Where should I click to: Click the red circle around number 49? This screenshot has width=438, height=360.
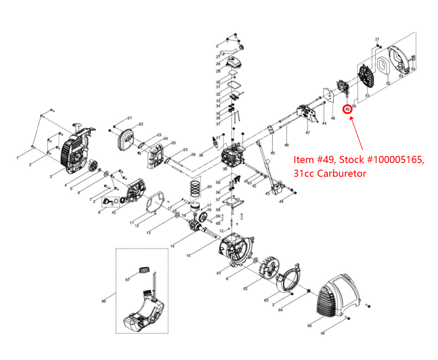347,109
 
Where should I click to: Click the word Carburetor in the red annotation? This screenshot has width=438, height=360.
342,173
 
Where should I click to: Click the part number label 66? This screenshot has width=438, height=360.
104,301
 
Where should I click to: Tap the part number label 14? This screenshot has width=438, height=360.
172,246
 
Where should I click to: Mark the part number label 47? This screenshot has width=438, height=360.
308,133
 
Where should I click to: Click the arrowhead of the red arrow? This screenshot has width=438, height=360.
351,118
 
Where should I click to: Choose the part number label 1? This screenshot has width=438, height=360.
18,158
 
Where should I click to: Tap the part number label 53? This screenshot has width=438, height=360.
401,76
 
